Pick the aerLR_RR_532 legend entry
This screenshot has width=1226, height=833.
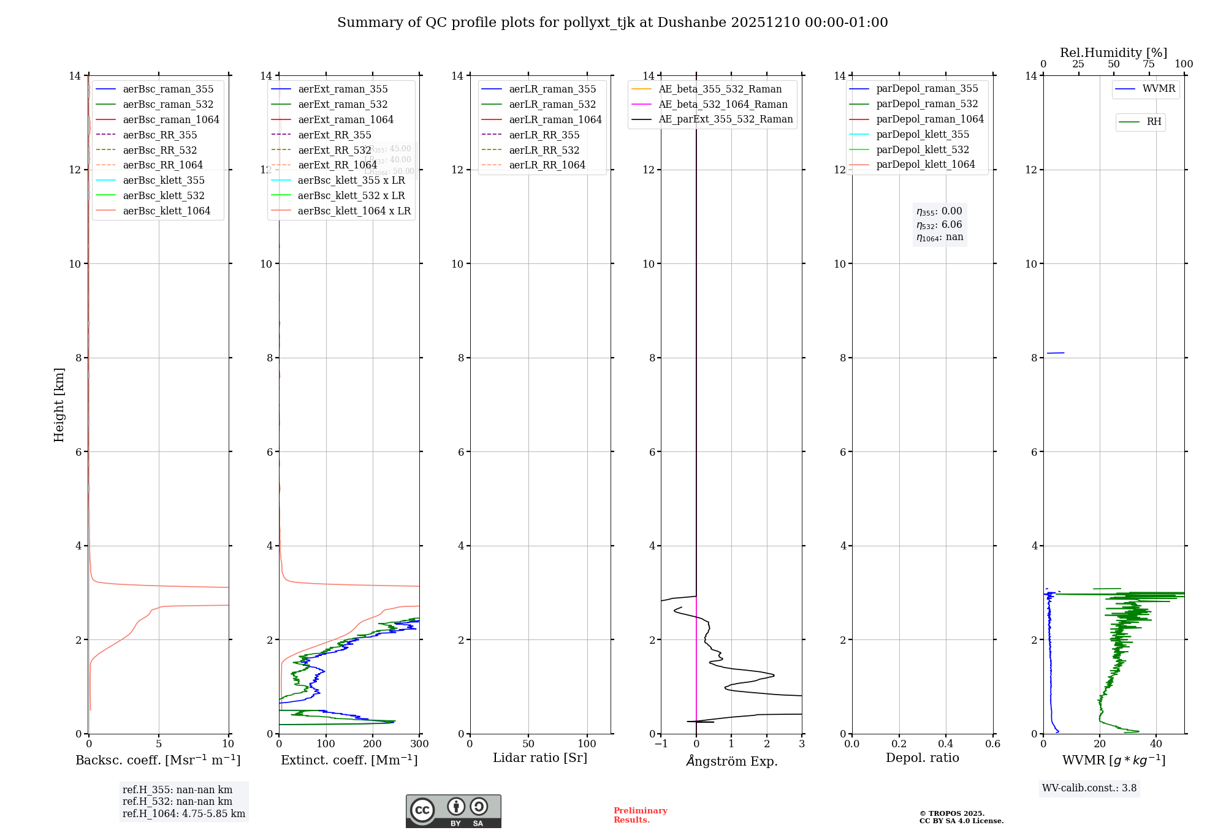coord(544,150)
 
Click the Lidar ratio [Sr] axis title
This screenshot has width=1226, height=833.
coord(540,758)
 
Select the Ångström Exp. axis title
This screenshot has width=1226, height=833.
coord(732,761)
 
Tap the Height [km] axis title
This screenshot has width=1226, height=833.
coord(59,405)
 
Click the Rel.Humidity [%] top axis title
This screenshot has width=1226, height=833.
coord(1113,53)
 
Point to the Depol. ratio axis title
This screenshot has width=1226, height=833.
coord(922,758)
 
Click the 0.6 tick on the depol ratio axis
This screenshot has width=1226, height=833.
coord(992,744)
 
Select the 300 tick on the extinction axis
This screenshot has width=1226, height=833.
coord(420,744)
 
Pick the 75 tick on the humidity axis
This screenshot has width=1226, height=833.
coord(1149,64)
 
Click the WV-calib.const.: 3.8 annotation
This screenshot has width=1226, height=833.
coord(1089,788)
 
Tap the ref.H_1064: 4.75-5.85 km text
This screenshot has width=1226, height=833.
coord(184,814)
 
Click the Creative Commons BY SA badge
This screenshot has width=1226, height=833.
coord(454,811)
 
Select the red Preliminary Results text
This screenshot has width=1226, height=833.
coord(640,815)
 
